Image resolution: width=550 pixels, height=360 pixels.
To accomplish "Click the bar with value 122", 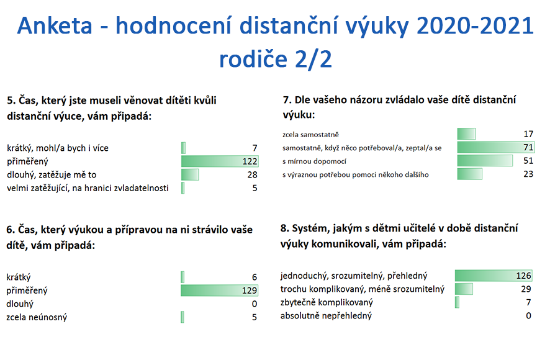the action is click(x=220, y=161).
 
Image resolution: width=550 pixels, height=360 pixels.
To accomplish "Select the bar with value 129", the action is click(x=220, y=290).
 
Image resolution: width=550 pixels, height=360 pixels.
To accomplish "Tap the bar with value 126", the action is click(x=494, y=276).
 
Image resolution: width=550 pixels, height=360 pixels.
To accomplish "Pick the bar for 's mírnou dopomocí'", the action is click(x=485, y=161).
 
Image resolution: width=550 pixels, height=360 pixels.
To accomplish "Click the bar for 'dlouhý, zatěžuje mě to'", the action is click(x=190, y=174).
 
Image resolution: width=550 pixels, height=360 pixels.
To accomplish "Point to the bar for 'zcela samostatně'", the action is click(x=467, y=134).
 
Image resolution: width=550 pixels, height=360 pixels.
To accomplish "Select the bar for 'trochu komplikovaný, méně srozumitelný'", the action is click(x=464, y=289).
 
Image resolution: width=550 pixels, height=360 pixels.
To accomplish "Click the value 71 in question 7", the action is click(x=528, y=147).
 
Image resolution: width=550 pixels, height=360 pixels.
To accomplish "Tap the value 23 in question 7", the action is click(x=528, y=174).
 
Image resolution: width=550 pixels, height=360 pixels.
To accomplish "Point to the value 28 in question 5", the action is click(x=252, y=175).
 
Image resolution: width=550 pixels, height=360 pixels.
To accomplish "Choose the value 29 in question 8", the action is click(x=526, y=289).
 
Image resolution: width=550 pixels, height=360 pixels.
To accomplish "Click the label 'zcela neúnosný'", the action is click(x=37, y=317).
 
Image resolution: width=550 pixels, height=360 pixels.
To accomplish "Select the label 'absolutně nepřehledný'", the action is click(x=326, y=316).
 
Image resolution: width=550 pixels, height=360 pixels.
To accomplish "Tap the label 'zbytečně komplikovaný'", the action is click(x=327, y=302).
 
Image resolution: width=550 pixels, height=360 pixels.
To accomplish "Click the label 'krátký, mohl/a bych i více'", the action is click(x=58, y=148).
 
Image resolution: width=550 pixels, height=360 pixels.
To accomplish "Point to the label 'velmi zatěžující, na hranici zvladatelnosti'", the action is click(x=88, y=188).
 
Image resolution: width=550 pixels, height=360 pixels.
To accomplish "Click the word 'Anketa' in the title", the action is click(x=55, y=26).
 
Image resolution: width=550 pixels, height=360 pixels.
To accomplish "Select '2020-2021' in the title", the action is click(x=476, y=26).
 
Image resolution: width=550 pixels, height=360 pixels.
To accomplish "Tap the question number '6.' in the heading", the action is click(x=11, y=230).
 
